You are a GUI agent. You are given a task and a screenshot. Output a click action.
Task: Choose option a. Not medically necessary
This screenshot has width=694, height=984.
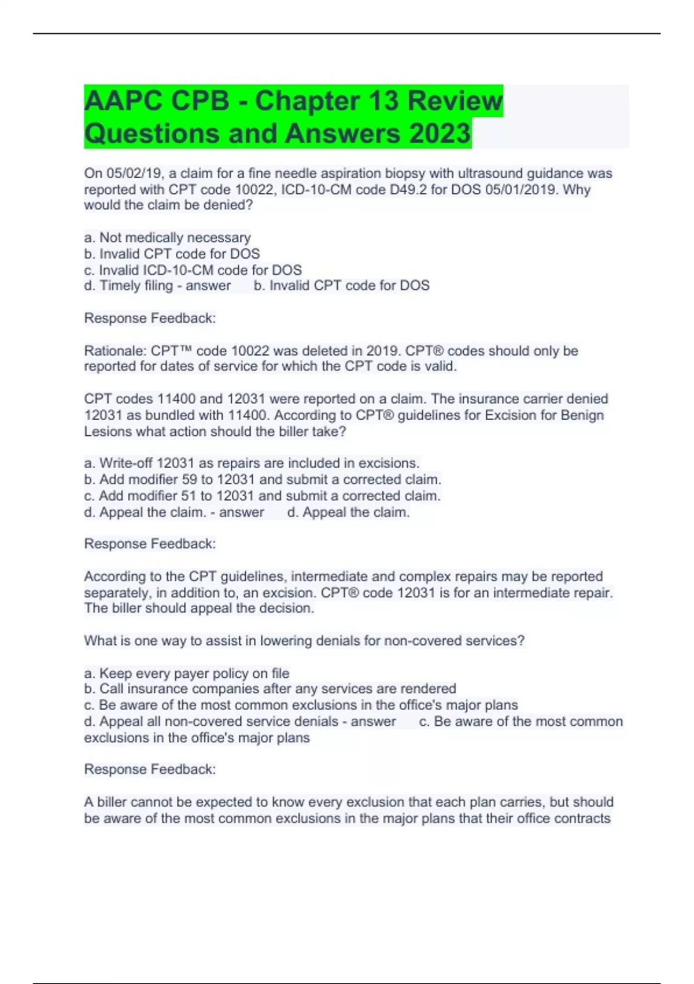168,238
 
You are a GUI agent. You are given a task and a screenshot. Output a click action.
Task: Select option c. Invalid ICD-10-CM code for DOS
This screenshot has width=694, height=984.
193,270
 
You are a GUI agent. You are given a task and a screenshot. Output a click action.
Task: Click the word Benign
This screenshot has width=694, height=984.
582,416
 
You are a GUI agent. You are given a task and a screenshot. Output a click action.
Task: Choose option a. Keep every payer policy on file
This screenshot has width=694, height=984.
187,673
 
